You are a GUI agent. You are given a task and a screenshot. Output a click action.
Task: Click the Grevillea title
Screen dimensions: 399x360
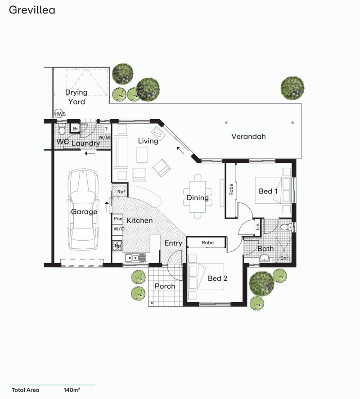click(31, 9)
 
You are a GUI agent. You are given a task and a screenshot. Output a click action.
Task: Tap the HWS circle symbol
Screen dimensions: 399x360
click(60, 114)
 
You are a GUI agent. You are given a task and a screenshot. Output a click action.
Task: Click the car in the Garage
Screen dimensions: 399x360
click(83, 211)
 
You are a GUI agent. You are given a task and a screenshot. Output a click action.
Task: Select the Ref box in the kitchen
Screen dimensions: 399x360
click(120, 192)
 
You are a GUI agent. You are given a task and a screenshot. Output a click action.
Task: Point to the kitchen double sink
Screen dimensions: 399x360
click(135, 258)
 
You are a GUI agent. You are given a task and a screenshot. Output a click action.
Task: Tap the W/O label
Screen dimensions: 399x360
click(118, 229)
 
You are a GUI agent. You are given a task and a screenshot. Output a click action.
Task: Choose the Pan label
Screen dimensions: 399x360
click(118, 219)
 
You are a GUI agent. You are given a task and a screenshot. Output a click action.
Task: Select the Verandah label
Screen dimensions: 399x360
click(249, 136)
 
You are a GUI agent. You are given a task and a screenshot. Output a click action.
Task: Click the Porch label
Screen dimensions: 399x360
click(165, 286)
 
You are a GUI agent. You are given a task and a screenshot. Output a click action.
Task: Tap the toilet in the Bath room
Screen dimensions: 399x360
click(285, 227)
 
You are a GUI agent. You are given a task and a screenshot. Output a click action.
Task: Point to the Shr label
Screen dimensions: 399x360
click(284, 258)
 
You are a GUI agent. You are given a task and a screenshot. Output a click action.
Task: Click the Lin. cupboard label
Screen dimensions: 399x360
click(257, 225)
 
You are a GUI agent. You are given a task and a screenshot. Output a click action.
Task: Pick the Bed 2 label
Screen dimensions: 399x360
click(217, 278)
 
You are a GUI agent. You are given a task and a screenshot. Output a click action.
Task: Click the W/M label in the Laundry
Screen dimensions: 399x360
click(104, 137)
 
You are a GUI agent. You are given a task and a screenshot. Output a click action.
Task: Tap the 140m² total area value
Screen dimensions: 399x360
click(72, 390)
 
